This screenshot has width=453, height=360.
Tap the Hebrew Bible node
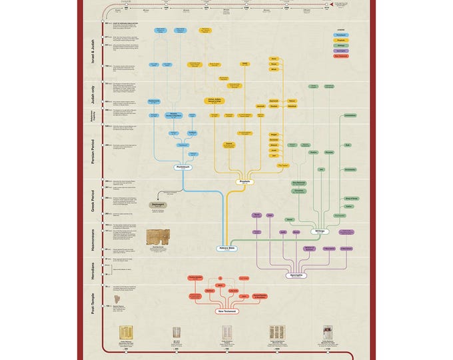(x=227, y=248)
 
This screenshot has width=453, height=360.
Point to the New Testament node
(x=227, y=311)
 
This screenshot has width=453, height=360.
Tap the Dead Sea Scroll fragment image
(x=157, y=240)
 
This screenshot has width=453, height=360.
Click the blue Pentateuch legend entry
(x=340, y=35)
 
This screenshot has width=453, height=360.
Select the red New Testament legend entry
(x=340, y=56)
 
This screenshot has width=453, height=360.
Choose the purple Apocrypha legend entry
(x=340, y=51)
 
